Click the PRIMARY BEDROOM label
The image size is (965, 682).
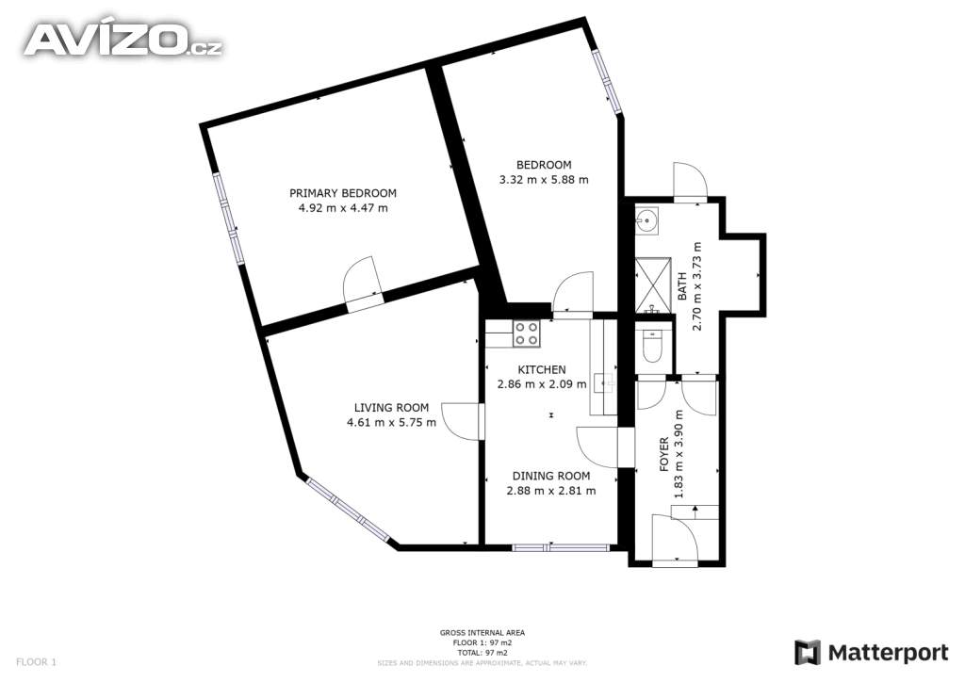(343, 193)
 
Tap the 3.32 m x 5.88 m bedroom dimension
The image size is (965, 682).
(544, 180)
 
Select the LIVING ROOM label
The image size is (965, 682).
(391, 407)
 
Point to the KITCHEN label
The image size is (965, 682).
(542, 369)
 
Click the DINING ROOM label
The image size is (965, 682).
(551, 476)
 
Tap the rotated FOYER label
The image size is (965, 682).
(664, 454)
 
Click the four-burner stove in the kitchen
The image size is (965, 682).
(527, 333)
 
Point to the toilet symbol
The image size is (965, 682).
(650, 347)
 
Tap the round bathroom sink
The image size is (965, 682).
(646, 219)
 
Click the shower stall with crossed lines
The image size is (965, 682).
(654, 284)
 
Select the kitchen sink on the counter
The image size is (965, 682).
(604, 383)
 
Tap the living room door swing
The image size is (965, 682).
(461, 421)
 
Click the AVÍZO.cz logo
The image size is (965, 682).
(123, 40)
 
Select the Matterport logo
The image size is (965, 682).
(872, 653)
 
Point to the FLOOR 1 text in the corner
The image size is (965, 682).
(36, 662)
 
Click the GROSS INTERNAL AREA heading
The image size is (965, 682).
(482, 632)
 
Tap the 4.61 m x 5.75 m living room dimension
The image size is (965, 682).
(391, 423)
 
